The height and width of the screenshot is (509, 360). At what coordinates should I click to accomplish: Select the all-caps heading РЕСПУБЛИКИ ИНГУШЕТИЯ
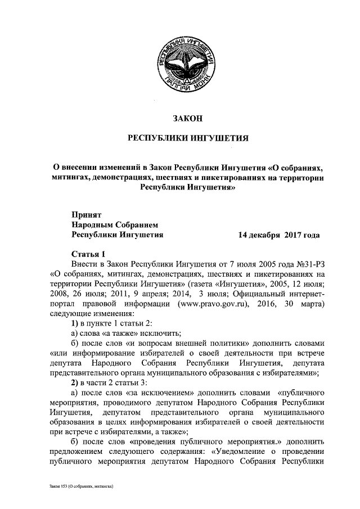pyautogui.click(x=185, y=138)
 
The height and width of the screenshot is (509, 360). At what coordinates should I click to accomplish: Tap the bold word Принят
pyautogui.click(x=87, y=214)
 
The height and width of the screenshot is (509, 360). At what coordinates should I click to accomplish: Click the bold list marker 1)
pyautogui.click(x=77, y=325)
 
